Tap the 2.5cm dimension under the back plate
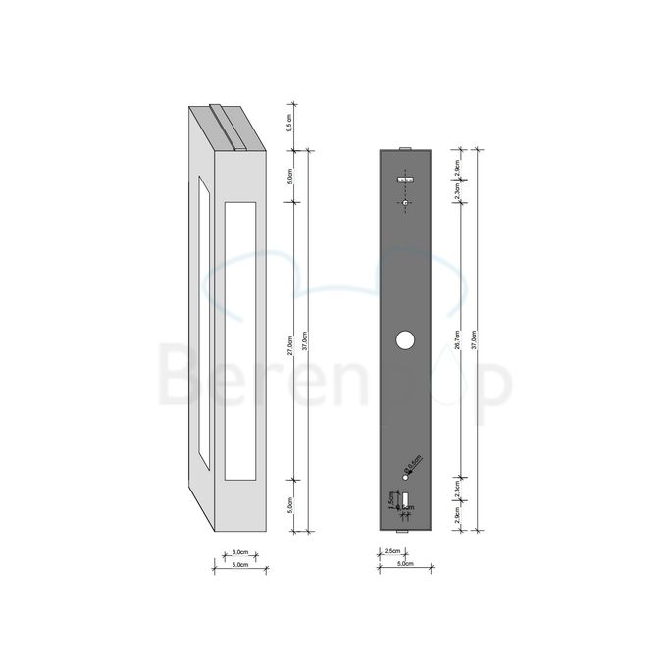coord(390,552)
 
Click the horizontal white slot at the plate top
coord(405,180)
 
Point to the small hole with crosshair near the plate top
coord(405,202)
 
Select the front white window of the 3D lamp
coord(239,340)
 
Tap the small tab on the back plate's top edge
coord(404,148)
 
